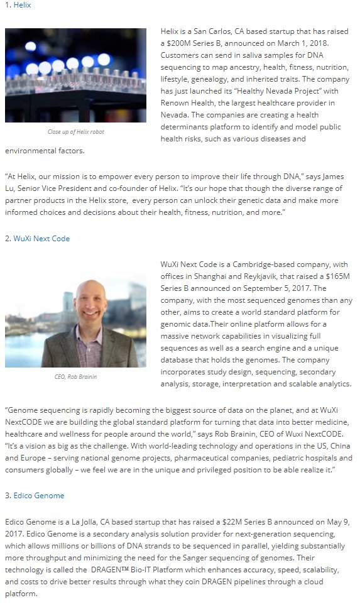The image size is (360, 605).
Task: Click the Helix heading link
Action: [x=22, y=5]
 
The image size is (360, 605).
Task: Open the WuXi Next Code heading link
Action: [x=41, y=239]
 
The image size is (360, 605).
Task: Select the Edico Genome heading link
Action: [x=39, y=496]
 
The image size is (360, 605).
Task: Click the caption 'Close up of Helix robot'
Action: [x=76, y=132]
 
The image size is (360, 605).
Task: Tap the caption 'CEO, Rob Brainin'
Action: [x=76, y=377]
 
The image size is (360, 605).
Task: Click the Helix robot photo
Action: [x=75, y=75]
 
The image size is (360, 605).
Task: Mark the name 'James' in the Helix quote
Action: [x=326, y=177]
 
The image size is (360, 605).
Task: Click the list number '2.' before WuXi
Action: [x=8, y=239]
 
